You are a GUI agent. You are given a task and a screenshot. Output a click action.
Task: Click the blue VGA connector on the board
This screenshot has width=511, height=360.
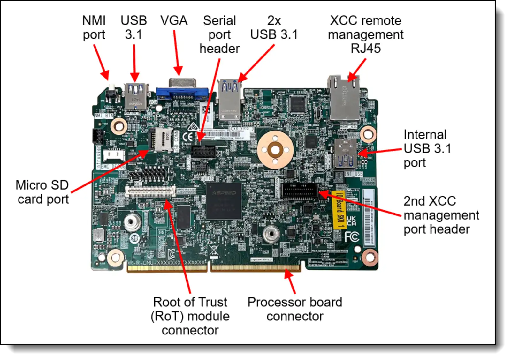click(x=182, y=93)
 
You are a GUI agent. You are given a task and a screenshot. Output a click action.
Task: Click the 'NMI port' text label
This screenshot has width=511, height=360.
click(x=94, y=27)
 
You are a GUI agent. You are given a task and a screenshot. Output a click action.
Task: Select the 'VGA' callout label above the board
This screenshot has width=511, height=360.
click(x=174, y=21)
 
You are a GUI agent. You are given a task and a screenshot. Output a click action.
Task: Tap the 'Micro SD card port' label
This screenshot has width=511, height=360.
click(x=42, y=192)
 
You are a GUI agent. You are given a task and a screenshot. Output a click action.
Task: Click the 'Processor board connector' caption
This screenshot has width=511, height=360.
click(x=295, y=309)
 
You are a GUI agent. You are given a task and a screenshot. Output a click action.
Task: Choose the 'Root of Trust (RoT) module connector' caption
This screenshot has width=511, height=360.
click(x=190, y=316)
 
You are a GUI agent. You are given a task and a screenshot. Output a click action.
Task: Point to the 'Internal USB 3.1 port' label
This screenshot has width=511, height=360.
click(x=427, y=149)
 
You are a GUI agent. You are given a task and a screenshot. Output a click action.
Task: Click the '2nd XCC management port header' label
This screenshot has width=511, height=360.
click(x=441, y=215)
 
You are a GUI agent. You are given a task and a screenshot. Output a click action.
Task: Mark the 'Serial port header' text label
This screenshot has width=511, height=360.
click(x=219, y=34)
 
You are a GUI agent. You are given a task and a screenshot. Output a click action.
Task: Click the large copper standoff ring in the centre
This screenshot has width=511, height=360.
click(x=275, y=150)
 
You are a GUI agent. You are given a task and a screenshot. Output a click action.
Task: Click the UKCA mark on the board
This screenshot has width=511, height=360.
click(x=351, y=221)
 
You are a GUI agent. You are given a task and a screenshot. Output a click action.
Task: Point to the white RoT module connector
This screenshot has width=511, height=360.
click(x=150, y=191)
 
